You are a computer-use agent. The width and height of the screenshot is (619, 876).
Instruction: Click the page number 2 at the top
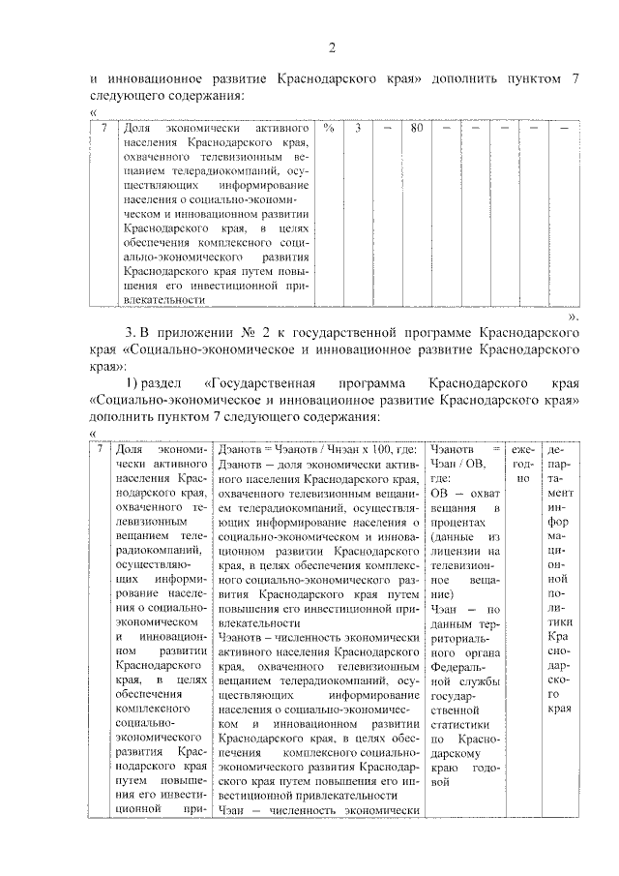tap(331, 48)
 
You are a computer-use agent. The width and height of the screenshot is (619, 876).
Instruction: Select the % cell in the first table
tap(329, 128)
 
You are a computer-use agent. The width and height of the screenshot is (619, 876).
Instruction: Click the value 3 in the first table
tap(358, 128)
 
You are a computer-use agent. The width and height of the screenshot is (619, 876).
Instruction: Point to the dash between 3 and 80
tap(387, 128)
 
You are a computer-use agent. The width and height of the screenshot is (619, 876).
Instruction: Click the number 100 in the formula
tap(383, 450)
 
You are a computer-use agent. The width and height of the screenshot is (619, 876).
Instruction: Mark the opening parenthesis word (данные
tap(454, 537)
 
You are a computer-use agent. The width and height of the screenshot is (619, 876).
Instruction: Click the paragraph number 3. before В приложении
tap(130, 334)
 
